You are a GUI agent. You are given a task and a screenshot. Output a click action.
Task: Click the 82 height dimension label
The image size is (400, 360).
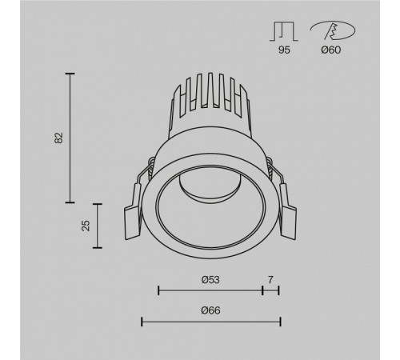tap(59, 138)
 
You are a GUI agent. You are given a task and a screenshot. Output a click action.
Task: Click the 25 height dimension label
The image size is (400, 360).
tap(86, 227)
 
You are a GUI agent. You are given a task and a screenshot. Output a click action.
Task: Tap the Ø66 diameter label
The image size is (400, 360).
tap(210, 310)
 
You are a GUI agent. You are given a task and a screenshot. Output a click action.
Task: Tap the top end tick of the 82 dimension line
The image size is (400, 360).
tap(70, 74)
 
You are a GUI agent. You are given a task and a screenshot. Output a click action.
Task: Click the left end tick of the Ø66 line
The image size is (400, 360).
tap(142, 322)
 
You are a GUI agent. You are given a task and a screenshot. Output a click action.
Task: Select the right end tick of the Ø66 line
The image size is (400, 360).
tap(280, 322)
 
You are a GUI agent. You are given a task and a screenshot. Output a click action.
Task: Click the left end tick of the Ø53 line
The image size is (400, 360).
tap(158, 290)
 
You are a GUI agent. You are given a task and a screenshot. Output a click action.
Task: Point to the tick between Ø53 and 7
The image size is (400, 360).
tap(262, 290)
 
